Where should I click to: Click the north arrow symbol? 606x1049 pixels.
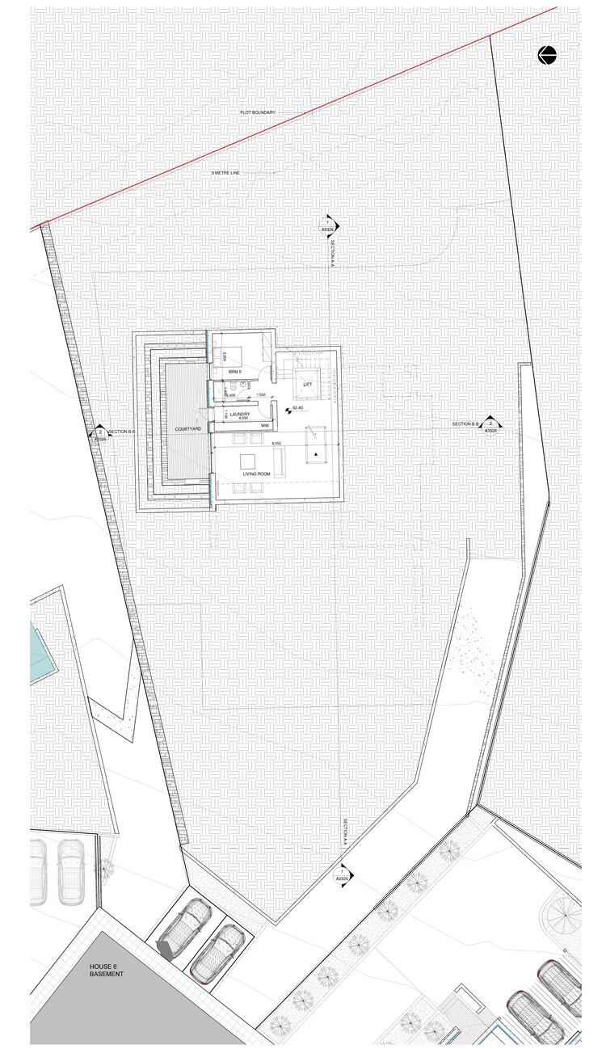coord(548,56)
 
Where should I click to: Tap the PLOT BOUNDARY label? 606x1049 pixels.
coord(258,112)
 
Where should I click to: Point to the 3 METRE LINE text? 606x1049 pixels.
coord(225,173)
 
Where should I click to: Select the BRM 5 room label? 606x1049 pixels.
coord(235,371)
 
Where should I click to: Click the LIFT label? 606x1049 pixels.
coord(308,385)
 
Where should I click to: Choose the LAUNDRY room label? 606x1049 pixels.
coord(240,414)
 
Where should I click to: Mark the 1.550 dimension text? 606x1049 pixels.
coord(260,394)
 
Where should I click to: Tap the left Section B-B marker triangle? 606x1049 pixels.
coord(99,433)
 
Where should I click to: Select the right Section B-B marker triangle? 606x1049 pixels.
coord(490,423)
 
